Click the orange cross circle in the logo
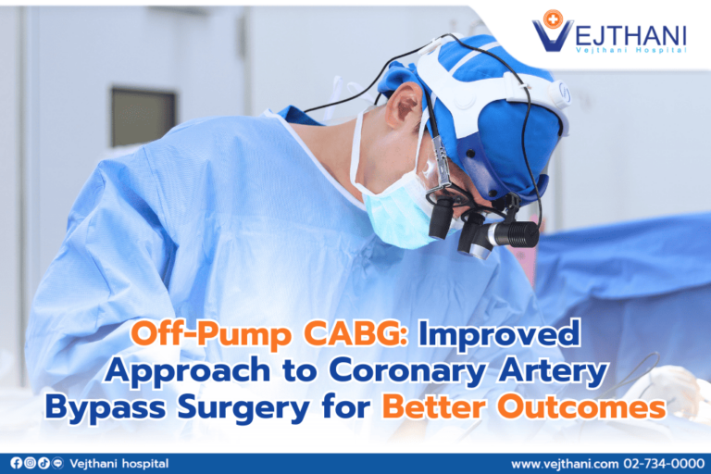point(554,18)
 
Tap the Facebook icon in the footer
point(16,463)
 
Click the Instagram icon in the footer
point(30,463)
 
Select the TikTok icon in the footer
point(44,463)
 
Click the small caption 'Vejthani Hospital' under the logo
point(630,49)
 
